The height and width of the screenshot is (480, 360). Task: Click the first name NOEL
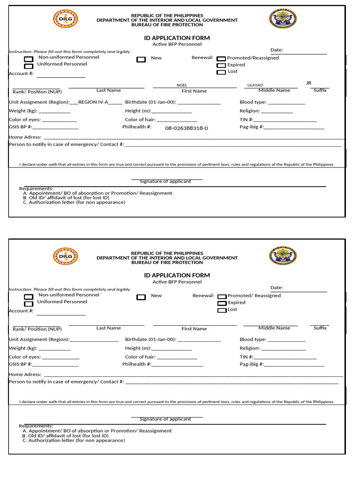[181, 85]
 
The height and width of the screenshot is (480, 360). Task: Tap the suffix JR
[308, 83]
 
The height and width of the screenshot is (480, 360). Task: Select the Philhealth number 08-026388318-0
[186, 128]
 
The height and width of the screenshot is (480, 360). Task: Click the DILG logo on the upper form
[66, 19]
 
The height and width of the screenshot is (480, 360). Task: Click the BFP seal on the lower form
[283, 256]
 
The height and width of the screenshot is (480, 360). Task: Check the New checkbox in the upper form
[141, 60]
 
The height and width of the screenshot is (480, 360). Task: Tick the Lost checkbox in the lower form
[222, 310]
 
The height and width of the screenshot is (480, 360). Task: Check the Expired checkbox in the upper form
[221, 66]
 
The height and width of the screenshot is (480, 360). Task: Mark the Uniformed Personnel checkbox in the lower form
[28, 303]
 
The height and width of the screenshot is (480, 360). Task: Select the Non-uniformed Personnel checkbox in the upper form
[28, 59]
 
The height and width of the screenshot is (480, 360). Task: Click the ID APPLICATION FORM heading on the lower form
[177, 275]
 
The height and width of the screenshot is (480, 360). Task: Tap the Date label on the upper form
[277, 50]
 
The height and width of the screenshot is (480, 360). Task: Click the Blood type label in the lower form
[253, 339]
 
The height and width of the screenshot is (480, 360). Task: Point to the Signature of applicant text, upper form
[165, 181]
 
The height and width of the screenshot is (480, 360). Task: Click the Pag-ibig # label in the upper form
[252, 127]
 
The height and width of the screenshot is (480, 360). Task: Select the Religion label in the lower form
[249, 348]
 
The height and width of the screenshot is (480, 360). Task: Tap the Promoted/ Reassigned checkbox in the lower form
[222, 297]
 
